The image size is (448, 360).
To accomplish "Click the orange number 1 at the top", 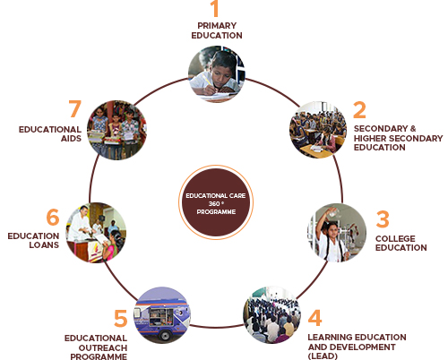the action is pos(215,8).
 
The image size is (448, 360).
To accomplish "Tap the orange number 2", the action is pos(359,110).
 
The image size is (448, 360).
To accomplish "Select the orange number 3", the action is pos(383,219).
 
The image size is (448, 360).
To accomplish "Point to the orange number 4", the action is pos(315,318).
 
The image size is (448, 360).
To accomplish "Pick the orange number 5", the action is pos(121,318).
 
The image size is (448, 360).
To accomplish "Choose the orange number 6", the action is pos(53,217).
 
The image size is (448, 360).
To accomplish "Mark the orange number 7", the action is pos(75,108).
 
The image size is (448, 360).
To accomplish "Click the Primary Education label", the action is pos(217,30).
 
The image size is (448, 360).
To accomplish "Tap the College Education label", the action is pos(401,243).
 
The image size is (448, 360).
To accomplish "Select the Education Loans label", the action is pos(33,240).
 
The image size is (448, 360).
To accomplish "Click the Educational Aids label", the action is pos(50,133).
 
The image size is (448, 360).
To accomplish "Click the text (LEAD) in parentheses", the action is pos(323,356).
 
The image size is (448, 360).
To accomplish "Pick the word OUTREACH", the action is pos(103,347).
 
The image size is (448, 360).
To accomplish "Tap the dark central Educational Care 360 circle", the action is pos(216,202).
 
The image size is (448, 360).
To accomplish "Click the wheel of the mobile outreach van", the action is pos(164,335).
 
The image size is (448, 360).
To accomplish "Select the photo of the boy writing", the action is pos(217,74).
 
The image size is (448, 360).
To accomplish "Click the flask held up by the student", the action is pos(333,212).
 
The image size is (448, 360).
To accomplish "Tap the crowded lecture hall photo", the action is pos(271,315).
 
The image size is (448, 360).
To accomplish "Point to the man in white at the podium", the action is pos(80,223).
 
